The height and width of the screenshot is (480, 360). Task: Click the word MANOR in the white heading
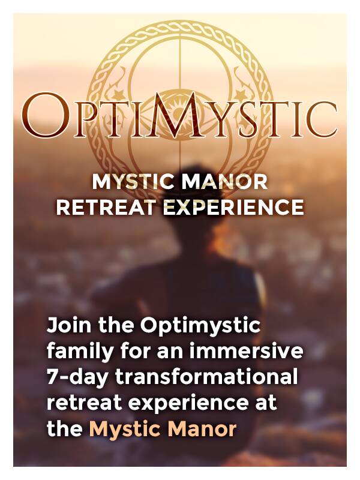224,182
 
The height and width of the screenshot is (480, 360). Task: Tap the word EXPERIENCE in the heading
233,207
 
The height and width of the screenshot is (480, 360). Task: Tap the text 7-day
77,377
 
